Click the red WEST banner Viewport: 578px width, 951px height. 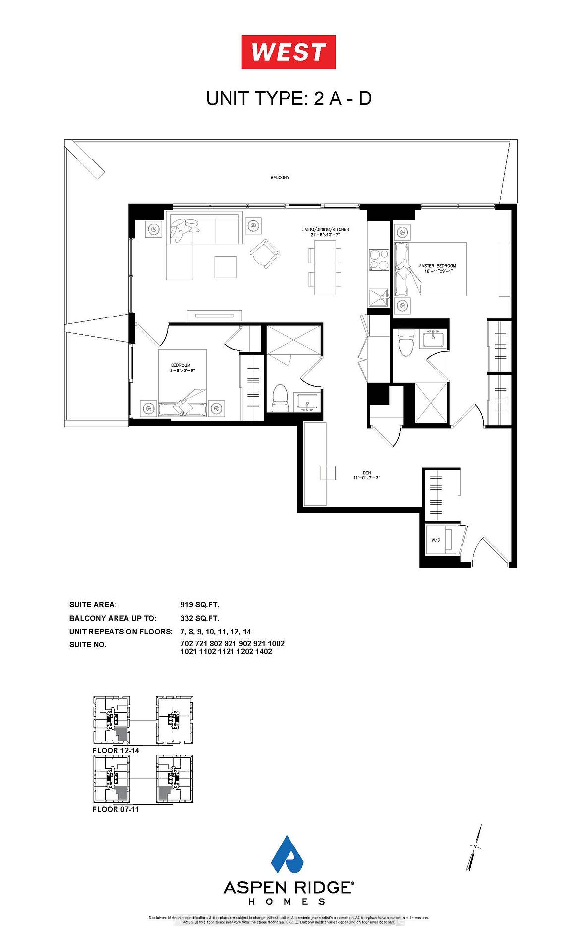point(289,52)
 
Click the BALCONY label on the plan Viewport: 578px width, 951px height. point(280,177)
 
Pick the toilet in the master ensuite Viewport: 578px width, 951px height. point(406,343)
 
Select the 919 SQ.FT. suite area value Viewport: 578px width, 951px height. point(200,605)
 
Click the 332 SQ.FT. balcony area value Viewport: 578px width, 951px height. point(200,618)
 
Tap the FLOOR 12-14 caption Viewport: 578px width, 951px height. point(116,750)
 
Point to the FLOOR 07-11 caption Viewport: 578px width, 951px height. point(116,809)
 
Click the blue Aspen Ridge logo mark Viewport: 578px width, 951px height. point(289,855)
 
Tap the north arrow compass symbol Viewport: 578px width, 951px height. point(474,847)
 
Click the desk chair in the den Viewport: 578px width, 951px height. point(329,473)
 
